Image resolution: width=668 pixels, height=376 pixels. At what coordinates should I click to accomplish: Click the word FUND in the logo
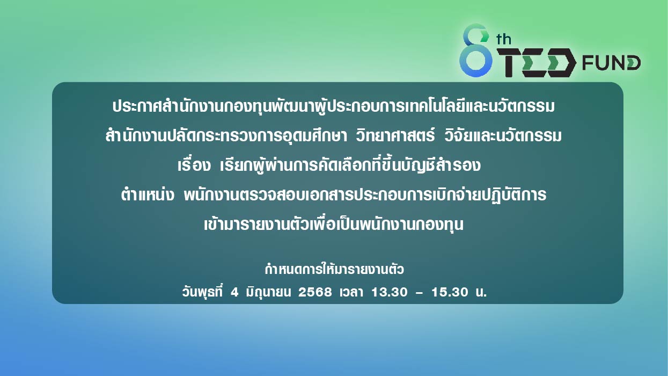[x=611, y=63]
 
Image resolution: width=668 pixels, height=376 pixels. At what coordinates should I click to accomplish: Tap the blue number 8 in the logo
[x=475, y=50]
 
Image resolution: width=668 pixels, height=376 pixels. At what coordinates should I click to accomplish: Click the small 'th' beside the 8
[x=503, y=39]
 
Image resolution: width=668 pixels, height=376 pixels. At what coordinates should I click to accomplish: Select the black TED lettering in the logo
[x=537, y=63]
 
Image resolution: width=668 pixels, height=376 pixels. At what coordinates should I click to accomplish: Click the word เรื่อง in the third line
[x=194, y=165]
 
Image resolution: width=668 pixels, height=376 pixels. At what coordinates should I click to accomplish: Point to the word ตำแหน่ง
[x=148, y=195]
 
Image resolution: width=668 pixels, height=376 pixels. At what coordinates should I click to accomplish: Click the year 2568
[x=315, y=292]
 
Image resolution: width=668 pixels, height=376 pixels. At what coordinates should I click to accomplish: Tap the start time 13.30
[x=389, y=292]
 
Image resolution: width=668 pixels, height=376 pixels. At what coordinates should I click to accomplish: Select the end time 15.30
[x=450, y=292]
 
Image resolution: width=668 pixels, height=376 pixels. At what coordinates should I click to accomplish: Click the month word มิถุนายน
[x=268, y=292]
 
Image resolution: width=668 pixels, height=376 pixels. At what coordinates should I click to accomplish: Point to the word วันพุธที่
[x=202, y=291]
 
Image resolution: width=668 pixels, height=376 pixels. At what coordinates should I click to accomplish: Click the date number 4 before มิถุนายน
[x=234, y=292]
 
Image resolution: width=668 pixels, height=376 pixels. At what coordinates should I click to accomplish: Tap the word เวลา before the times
[x=351, y=292]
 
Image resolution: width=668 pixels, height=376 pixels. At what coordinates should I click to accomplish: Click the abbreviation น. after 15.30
[x=481, y=292]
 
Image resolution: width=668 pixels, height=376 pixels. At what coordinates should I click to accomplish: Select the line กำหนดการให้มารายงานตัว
[x=334, y=270]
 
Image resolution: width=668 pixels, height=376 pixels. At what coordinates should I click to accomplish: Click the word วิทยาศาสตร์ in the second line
[x=395, y=135]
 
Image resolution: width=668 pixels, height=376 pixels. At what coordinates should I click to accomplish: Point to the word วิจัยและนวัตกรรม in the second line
[x=503, y=135]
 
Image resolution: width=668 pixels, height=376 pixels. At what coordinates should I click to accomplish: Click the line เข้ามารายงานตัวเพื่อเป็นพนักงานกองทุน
[x=334, y=224]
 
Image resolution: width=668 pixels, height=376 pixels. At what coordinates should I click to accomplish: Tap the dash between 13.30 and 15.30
[x=419, y=293]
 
